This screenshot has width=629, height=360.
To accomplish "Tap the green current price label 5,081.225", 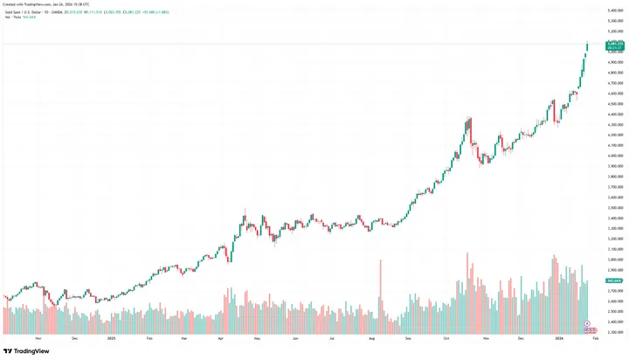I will click(x=615, y=43).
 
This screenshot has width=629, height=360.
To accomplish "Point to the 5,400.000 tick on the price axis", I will click(x=614, y=10).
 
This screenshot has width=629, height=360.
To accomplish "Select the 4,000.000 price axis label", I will click(x=614, y=156).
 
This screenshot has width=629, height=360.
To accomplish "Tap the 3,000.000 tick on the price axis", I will click(x=614, y=260).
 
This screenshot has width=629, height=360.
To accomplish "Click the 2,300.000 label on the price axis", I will click(x=614, y=332).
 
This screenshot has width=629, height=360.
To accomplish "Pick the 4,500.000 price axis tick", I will click(x=614, y=104).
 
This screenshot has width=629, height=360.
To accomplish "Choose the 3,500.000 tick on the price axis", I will click(x=614, y=208).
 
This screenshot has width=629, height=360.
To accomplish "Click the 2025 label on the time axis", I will click(x=111, y=337).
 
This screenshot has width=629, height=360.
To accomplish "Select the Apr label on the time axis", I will click(x=221, y=337).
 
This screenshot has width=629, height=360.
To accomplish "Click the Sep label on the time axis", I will click(x=409, y=337).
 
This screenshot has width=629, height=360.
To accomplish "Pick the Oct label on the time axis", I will click(x=446, y=337).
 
